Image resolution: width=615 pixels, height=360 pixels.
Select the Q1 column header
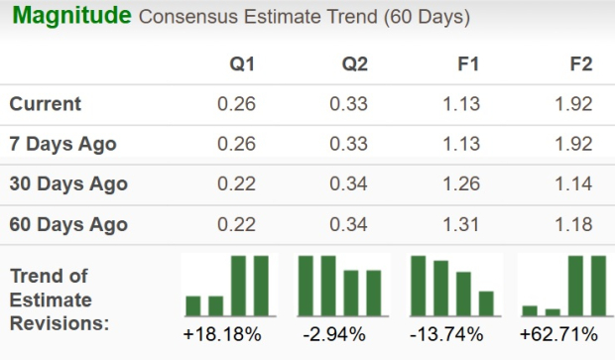[x=241, y=63]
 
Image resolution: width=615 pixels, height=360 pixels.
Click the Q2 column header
[x=353, y=63]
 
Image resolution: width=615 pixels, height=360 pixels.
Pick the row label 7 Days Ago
[x=62, y=144]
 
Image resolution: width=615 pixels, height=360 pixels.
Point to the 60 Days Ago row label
[x=67, y=223]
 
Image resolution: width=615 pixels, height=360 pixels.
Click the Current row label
[x=45, y=104]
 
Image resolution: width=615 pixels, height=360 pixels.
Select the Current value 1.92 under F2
[x=574, y=104]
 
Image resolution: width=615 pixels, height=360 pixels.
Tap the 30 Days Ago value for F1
[x=462, y=183]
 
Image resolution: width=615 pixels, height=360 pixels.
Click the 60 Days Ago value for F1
[x=462, y=223]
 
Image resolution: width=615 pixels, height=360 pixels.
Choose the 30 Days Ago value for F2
[x=574, y=183]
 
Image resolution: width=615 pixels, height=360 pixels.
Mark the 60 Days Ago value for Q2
[x=350, y=223]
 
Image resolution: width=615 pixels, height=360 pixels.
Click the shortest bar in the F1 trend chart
[x=486, y=302]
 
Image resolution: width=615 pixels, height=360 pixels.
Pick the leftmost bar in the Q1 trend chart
[x=193, y=304]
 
